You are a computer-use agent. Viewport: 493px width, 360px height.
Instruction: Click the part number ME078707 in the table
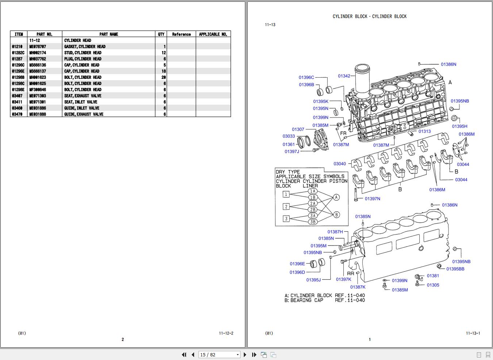click(x=38, y=47)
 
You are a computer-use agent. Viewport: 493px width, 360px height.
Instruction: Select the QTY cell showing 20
click(x=163, y=77)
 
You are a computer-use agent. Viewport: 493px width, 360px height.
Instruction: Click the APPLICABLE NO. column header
click(x=213, y=34)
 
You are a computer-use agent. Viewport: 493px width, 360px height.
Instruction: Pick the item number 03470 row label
click(x=17, y=114)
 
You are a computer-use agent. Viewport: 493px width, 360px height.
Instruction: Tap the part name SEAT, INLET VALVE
click(x=81, y=102)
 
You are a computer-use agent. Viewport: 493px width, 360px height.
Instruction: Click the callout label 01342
click(x=344, y=76)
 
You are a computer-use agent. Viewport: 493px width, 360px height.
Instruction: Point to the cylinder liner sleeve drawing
click(x=363, y=78)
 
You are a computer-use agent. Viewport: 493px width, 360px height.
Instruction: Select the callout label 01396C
click(x=306, y=77)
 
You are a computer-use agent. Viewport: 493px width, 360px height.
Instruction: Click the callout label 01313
click(x=424, y=131)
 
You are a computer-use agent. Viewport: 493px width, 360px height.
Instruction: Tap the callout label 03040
click(x=339, y=164)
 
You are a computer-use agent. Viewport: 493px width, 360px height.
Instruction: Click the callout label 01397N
click(x=372, y=199)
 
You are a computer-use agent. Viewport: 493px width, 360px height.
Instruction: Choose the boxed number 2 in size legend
click(x=286, y=206)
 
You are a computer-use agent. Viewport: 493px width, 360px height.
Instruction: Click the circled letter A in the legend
click(x=336, y=197)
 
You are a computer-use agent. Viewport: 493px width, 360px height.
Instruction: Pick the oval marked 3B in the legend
click(x=312, y=222)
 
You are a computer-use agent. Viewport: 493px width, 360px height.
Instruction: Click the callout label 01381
click(x=433, y=276)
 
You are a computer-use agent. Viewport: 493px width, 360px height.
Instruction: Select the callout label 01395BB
click(x=455, y=269)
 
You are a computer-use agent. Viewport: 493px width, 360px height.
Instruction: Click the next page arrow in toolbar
click(x=245, y=355)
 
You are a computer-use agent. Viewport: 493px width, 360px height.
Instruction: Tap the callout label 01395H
click(x=459, y=126)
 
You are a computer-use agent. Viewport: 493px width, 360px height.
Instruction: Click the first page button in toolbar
click(x=184, y=355)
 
